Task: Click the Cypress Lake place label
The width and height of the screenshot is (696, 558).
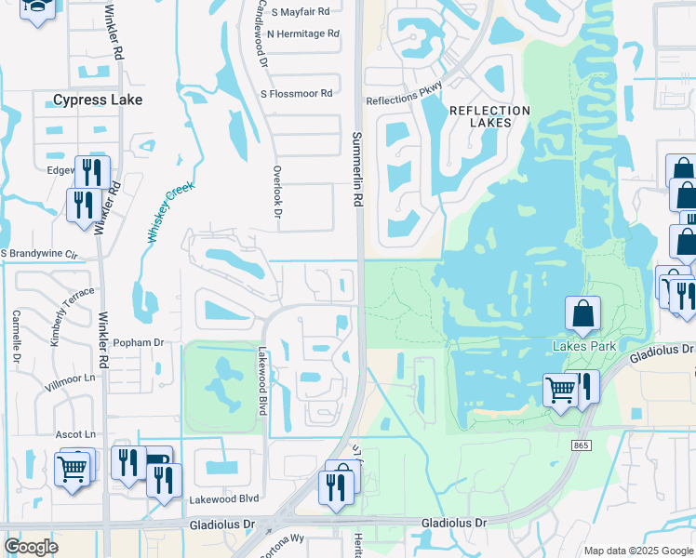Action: click(x=98, y=100)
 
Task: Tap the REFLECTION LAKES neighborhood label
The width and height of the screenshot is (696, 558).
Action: click(x=489, y=116)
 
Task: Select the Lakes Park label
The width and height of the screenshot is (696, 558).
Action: click(x=584, y=347)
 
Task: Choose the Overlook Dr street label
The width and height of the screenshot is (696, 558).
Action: click(x=277, y=192)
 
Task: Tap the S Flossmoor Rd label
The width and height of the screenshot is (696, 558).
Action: click(x=296, y=94)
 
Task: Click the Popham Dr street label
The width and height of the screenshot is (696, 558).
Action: click(x=138, y=343)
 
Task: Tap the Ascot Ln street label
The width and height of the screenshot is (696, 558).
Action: click(x=76, y=434)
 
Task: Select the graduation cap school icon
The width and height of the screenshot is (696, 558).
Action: click(x=37, y=7)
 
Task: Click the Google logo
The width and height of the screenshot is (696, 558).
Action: click(x=32, y=547)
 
